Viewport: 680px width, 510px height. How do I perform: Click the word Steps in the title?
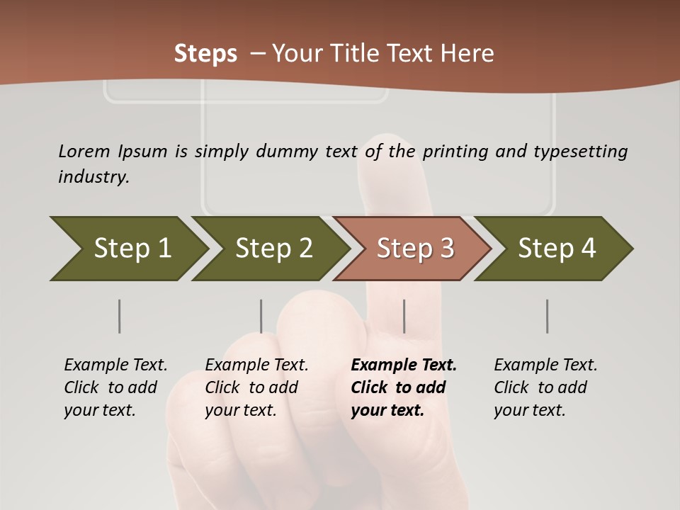[x=205, y=54]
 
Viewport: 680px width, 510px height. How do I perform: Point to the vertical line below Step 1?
[x=120, y=316]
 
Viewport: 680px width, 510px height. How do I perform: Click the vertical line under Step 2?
[x=261, y=316]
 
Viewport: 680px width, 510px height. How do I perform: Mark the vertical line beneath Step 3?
[x=404, y=316]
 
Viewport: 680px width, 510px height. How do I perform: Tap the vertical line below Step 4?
[x=548, y=316]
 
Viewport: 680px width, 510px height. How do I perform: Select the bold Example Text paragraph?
[x=404, y=387]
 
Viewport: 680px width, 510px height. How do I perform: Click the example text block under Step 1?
[x=115, y=387]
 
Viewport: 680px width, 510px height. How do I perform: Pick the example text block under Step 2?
[x=256, y=387]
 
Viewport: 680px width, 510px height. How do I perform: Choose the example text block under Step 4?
[x=545, y=387]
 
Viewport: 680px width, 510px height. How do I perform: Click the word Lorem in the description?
[x=84, y=152]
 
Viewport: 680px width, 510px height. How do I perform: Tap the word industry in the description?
[x=93, y=177]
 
